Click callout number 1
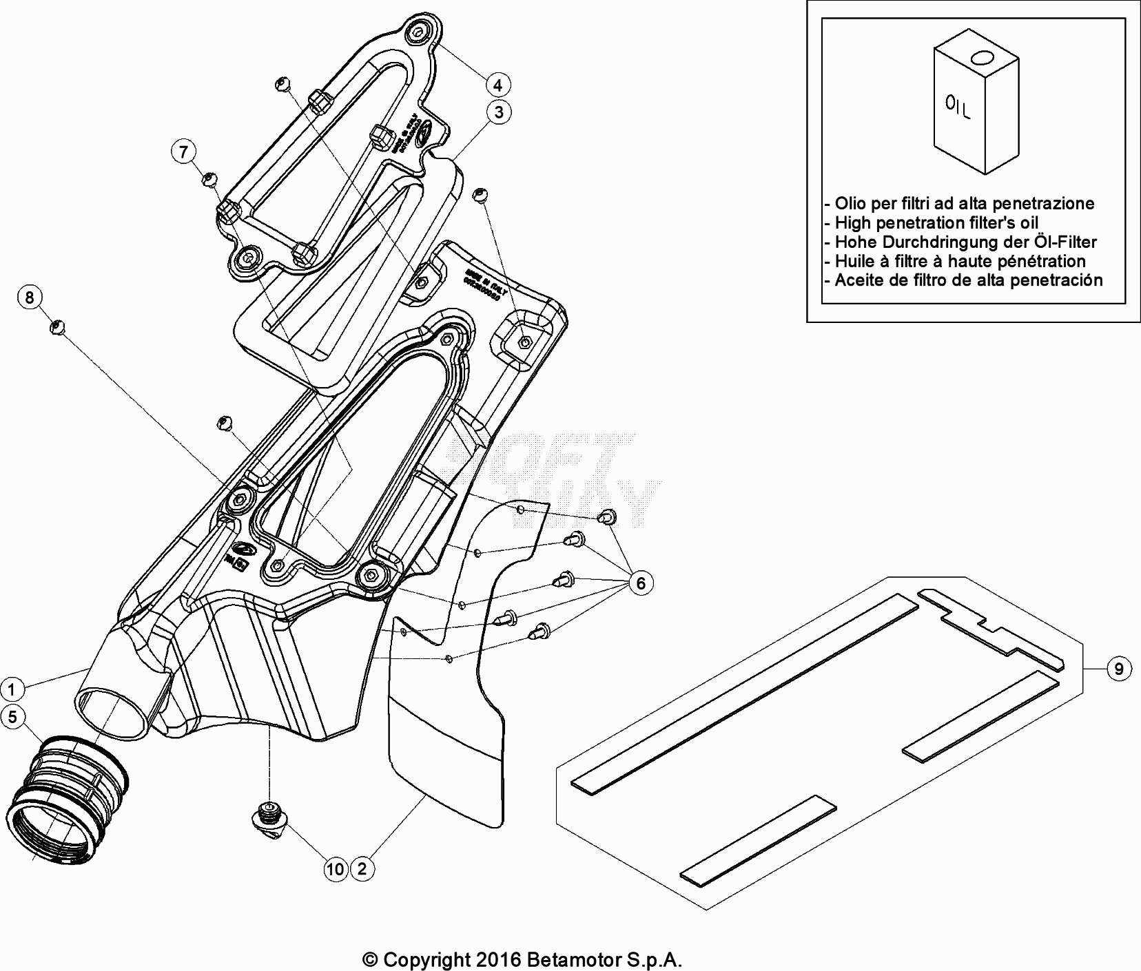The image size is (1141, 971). click(x=12, y=688)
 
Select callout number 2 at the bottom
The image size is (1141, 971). click(x=362, y=869)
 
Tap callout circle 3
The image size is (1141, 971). click(x=499, y=112)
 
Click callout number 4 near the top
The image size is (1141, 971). click(x=497, y=85)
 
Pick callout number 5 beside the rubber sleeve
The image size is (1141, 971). click(x=12, y=717)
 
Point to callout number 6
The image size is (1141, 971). click(x=641, y=583)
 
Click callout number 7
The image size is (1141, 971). click(x=183, y=152)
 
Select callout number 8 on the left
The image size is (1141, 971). click(x=30, y=297)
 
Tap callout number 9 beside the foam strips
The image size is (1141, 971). click(x=1118, y=668)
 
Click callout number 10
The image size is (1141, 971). click(x=336, y=869)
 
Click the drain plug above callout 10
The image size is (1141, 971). click(x=268, y=815)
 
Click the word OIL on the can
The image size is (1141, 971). click(x=958, y=107)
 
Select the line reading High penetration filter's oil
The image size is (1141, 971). click(x=936, y=222)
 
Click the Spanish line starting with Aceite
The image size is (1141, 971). click(x=968, y=280)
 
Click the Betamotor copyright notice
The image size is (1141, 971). click(x=523, y=959)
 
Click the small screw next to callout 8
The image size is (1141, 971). click(x=57, y=326)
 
